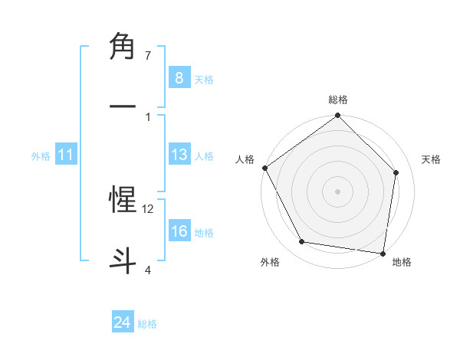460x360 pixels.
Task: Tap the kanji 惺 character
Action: (x=123, y=199)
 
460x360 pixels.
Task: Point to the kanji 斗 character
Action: (x=123, y=259)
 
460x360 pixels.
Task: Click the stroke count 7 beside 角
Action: (x=148, y=56)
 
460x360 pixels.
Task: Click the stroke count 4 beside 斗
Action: (x=148, y=270)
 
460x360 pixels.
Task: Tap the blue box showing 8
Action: (x=179, y=78)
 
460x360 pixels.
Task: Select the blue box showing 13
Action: (x=179, y=155)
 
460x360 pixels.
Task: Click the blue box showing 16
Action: (x=179, y=231)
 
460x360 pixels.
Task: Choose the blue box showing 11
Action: (x=66, y=155)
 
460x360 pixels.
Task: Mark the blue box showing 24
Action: (x=122, y=323)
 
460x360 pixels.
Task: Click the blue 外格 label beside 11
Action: (x=41, y=155)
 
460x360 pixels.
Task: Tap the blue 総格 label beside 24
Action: (x=147, y=324)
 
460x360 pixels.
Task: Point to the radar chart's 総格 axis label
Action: (x=338, y=100)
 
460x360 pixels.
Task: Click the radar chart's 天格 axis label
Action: (x=431, y=159)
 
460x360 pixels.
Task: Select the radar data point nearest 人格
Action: (x=265, y=168)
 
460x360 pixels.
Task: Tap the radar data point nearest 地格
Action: (x=383, y=253)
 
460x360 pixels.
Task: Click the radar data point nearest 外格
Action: (x=302, y=242)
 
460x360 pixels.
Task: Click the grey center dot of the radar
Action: (x=337, y=191)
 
